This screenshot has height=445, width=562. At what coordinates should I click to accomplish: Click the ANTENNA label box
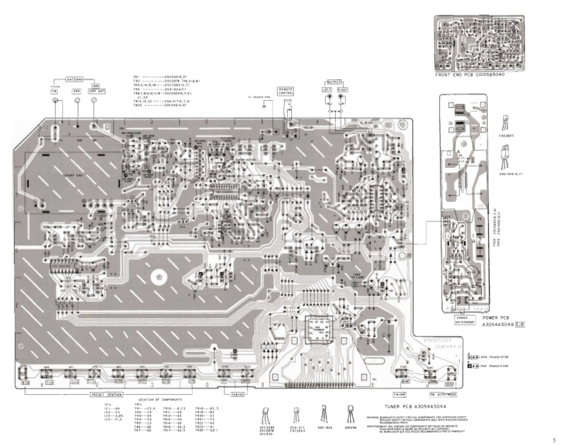pos(75,80)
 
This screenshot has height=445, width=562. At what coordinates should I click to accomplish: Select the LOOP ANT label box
pos(94,91)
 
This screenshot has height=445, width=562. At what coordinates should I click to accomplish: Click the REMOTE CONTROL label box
pos(287,91)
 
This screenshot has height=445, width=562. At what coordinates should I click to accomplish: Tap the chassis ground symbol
pos(264,107)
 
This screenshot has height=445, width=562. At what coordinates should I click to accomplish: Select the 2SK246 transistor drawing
pos(350,407)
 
